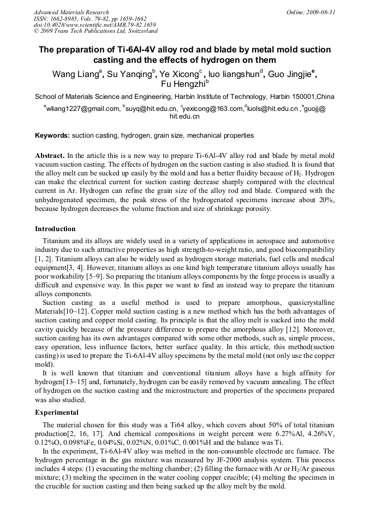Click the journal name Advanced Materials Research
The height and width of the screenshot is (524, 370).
click(71, 12)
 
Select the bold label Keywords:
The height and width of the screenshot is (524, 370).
click(52, 135)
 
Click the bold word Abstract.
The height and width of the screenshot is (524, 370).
click(50, 156)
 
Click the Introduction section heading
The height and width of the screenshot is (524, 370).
click(55, 228)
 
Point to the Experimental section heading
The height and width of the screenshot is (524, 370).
click(57, 413)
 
